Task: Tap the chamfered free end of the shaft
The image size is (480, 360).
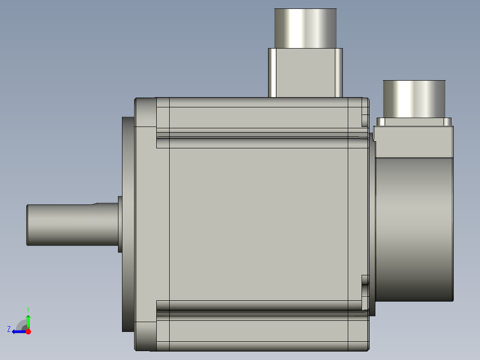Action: tap(28, 225)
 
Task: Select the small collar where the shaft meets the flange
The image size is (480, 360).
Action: tap(120, 224)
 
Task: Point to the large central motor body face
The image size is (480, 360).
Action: tap(258, 223)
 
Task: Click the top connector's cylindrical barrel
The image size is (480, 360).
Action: tap(305, 28)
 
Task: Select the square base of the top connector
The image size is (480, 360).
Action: tap(305, 73)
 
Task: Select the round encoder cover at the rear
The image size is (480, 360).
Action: tap(414, 229)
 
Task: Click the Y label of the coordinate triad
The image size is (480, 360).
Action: tap(28, 309)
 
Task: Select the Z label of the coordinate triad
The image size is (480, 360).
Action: tap(9, 329)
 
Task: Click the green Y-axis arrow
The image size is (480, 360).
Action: tap(28, 321)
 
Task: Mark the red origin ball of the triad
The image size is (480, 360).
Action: tap(28, 331)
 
